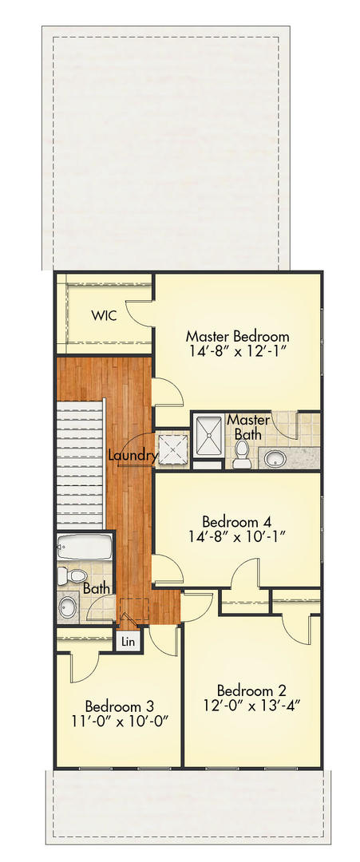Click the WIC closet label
click(104, 315)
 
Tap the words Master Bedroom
click(237, 336)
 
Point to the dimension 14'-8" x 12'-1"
click(237, 352)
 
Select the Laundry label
click(133, 455)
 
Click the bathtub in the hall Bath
click(85, 548)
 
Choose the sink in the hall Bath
click(66, 607)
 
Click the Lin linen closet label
click(127, 640)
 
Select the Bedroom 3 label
click(120, 706)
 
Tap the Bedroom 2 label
click(252, 690)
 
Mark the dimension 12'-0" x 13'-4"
click(252, 706)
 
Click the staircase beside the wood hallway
click(80, 463)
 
